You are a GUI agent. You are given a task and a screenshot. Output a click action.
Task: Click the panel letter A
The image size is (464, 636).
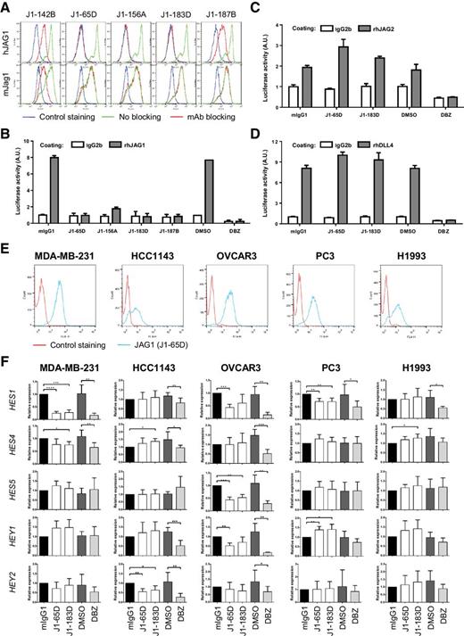pyautogui.click(x=7, y=7)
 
